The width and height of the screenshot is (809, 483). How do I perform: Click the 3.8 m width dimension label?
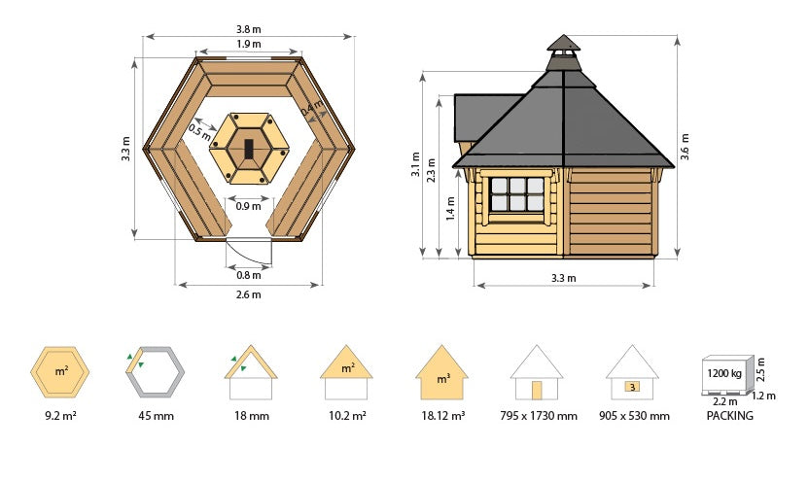click(249, 29)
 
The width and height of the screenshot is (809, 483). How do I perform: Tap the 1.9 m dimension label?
click(249, 44)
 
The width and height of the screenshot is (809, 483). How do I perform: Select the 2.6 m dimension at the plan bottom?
click(249, 294)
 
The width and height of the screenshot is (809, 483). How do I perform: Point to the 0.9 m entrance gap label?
click(248, 206)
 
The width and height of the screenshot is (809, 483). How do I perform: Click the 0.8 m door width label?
click(249, 275)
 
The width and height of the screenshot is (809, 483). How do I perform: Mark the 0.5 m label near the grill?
click(199, 132)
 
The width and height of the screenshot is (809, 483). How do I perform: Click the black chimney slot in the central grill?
click(249, 149)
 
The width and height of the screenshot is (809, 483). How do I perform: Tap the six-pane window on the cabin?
click(517, 194)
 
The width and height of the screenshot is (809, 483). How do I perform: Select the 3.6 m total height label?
click(685, 147)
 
